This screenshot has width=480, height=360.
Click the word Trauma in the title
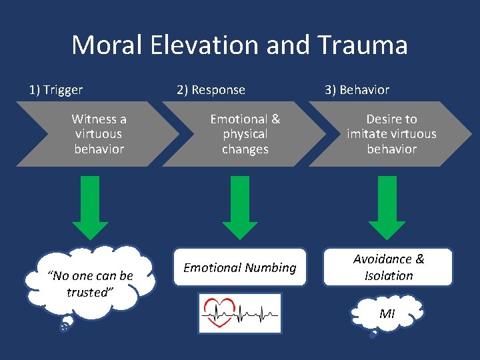tap(362, 46)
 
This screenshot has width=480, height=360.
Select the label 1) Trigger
tap(56, 89)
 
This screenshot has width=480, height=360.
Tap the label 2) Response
tap(211, 89)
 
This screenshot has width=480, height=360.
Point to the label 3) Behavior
tap(357, 89)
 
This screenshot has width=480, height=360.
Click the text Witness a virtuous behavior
tap(99, 134)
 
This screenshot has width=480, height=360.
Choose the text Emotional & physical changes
tap(245, 134)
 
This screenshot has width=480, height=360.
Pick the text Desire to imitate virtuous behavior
tap(391, 134)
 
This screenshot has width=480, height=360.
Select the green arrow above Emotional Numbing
tap(240, 207)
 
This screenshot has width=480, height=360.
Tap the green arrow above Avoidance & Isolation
tap(387, 207)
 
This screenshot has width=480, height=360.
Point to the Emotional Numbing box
tap(240, 267)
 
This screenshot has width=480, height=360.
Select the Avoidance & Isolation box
tap(388, 267)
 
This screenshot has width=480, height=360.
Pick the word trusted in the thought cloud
tap(87, 292)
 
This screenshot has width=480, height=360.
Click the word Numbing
tap(270, 268)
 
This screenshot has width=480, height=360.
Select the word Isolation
tap(389, 276)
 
